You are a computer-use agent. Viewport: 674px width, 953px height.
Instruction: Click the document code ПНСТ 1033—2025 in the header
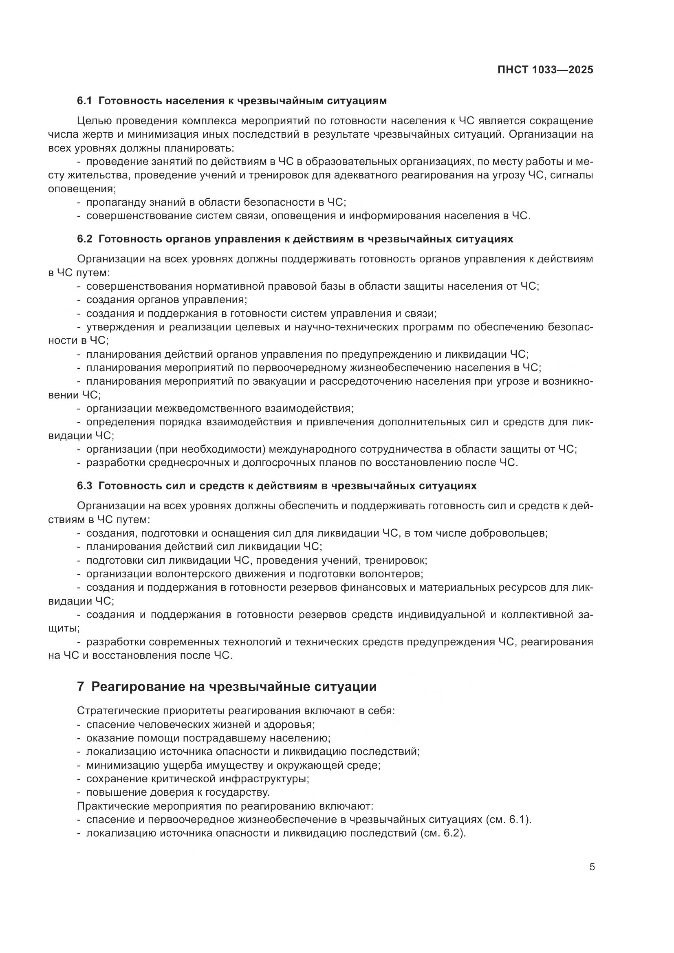pyautogui.click(x=545, y=70)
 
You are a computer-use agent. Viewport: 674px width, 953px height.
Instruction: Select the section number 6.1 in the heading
pyautogui.click(x=85, y=101)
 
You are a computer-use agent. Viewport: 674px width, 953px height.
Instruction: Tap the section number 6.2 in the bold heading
pyautogui.click(x=85, y=239)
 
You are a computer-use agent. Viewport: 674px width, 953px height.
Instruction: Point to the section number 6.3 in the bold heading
pyautogui.click(x=85, y=486)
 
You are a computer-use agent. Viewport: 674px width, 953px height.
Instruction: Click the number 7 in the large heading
pyautogui.click(x=81, y=687)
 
